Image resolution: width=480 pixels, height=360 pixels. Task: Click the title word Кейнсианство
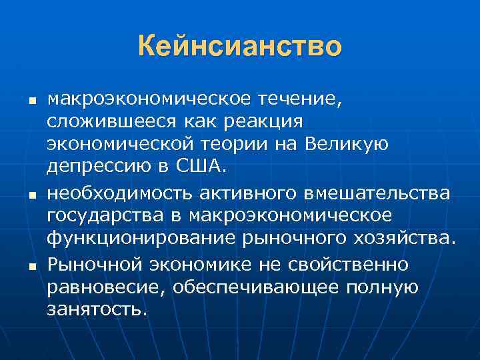pos(240,47)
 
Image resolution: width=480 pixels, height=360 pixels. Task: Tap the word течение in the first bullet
pos(297,100)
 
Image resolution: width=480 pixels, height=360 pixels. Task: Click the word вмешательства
pos(378,193)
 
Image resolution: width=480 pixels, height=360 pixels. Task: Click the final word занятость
pos(96,310)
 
